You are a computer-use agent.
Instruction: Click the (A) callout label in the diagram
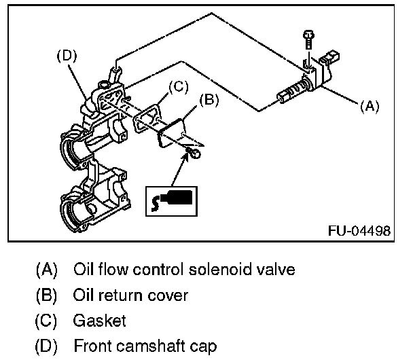point(369,106)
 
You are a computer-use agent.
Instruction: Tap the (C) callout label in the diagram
point(177,86)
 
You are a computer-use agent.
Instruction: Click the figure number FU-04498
point(359,230)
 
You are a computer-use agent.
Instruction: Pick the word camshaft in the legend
point(146,346)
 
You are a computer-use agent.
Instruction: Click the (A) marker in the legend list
point(46,269)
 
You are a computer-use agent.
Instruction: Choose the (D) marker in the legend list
point(46,346)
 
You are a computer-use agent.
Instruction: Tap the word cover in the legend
point(169,295)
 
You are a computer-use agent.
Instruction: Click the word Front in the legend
point(90,346)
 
